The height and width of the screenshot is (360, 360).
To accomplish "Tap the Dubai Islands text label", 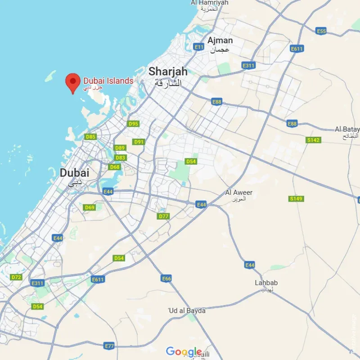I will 108,81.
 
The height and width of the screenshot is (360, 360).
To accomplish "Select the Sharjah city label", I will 168,71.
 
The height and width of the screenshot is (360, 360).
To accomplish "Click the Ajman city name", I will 220,41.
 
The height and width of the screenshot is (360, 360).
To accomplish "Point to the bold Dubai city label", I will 75,173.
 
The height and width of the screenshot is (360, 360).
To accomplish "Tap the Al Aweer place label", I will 239,193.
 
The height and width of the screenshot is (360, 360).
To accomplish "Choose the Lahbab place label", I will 266,283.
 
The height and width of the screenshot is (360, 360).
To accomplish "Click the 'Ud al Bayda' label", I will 187,310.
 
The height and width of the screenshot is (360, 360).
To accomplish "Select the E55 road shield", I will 321,31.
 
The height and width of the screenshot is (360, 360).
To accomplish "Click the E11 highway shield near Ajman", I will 199,46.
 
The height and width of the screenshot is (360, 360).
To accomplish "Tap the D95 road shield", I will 134,123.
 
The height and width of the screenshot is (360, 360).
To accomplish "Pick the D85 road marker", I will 91,137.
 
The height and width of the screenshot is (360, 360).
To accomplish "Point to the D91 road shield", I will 139,142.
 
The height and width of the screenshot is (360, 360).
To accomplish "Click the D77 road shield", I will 163,216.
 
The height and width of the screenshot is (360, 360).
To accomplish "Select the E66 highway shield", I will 166,279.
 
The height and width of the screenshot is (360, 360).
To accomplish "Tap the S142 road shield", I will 314,140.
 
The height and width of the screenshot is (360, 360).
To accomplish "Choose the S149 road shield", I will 296,198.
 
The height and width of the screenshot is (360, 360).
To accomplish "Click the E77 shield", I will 109,346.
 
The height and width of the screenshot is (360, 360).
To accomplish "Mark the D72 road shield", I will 17,277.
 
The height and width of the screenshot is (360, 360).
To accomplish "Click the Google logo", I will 184,351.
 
